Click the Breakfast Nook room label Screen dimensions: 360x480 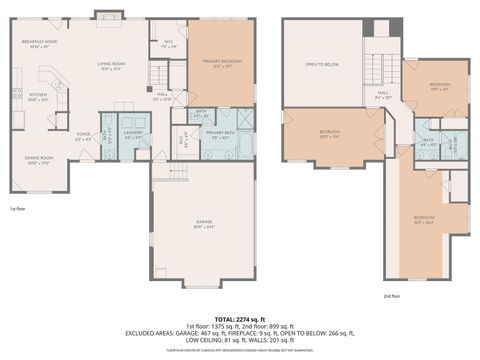pyautogui.click(x=38, y=44)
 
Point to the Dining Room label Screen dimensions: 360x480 pyautogui.click(x=39, y=161)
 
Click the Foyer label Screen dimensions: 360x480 pyautogui.click(x=84, y=135)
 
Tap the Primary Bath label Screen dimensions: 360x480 pyautogui.click(x=220, y=135)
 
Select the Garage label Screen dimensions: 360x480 pyautogui.click(x=203, y=226)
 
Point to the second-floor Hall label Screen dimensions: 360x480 pyautogui.click(x=383, y=96)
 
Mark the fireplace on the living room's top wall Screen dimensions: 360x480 pyautogui.click(x=107, y=15)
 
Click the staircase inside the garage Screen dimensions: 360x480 pyautogui.click(x=177, y=172)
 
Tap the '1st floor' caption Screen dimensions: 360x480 pyautogui.click(x=18, y=209)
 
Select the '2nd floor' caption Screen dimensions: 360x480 pyautogui.click(x=392, y=296)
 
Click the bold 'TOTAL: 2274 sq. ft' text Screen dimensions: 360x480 pyautogui.click(x=239, y=319)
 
